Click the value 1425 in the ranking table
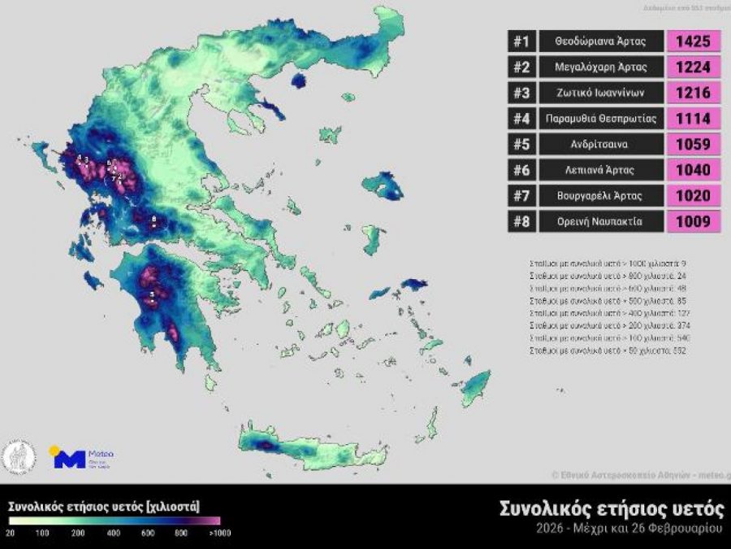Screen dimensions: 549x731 tap(694, 41)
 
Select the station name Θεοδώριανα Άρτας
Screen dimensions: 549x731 tap(601, 41)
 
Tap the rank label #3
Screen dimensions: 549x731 tap(521, 93)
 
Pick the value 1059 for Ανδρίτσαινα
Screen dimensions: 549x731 tap(694, 144)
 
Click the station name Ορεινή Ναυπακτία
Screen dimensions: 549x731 tap(601, 221)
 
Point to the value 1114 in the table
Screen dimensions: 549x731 tap(694, 119)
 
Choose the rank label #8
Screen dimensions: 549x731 tap(521, 221)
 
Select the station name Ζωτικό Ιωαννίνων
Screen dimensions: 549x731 tap(601, 93)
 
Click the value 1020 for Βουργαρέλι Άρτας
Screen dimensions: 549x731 tap(694, 195)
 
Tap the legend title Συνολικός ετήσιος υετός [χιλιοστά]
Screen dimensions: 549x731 tap(104, 505)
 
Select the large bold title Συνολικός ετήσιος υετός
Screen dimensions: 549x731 tap(611, 509)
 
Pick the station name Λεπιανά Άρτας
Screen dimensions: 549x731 tap(601, 170)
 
